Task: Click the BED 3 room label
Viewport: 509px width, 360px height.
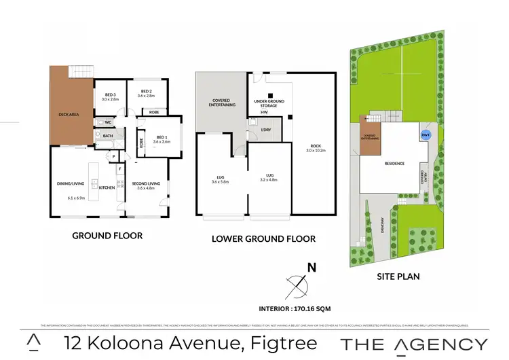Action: (x=110, y=94)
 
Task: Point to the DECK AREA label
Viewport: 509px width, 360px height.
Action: (x=71, y=115)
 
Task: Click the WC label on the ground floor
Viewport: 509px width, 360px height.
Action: (x=107, y=122)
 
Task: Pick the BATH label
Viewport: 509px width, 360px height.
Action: (x=107, y=136)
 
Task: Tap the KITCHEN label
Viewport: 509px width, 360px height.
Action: (x=105, y=187)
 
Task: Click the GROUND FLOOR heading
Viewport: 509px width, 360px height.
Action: (x=107, y=236)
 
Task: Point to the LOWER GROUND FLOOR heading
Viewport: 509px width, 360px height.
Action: (x=263, y=238)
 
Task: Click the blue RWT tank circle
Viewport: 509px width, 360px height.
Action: (x=426, y=134)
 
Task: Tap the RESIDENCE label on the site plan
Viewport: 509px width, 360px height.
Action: (x=394, y=164)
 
